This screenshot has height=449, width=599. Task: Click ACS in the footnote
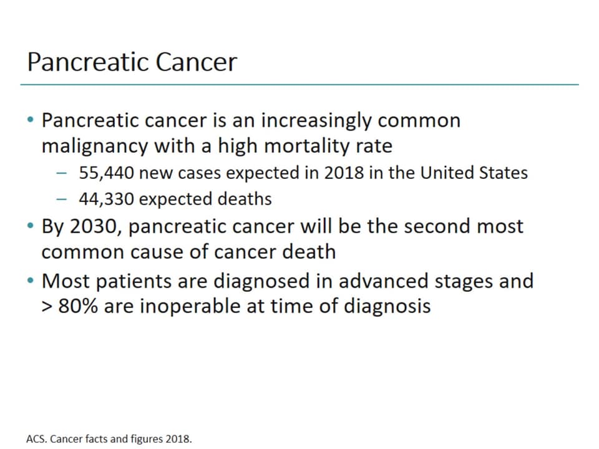[36, 438]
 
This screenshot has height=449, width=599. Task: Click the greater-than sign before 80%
[47, 307]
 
